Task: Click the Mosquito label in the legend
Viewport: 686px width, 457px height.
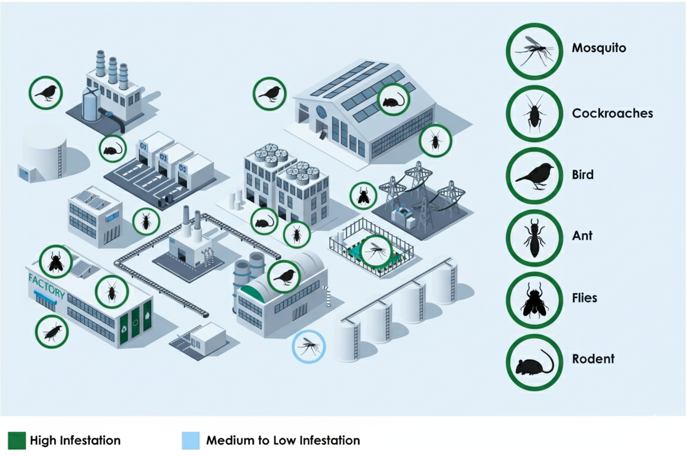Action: click(599, 48)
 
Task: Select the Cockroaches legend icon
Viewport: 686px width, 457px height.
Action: click(533, 113)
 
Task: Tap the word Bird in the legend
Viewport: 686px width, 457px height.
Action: click(583, 175)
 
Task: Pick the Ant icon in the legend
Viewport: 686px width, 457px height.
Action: click(533, 237)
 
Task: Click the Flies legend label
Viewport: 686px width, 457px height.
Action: click(584, 298)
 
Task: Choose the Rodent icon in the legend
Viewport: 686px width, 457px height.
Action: click(533, 361)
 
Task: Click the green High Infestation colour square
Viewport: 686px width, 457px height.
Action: click(16, 441)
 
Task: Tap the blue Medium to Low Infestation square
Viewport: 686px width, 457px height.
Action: click(190, 441)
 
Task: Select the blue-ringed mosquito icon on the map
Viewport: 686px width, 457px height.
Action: click(308, 347)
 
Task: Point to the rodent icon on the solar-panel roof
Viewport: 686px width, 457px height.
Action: click(394, 99)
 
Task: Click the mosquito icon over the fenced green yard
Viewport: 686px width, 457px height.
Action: click(377, 251)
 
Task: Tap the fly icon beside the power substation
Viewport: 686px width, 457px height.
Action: click(363, 196)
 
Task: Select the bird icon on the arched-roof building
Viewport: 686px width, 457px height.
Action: click(284, 276)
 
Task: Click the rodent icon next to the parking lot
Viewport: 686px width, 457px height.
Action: click(113, 148)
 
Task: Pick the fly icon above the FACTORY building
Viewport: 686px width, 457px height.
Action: click(56, 260)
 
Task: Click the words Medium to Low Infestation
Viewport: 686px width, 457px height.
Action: click(283, 441)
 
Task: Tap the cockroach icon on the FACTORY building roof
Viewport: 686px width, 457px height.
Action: click(112, 292)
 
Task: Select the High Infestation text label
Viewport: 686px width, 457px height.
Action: click(75, 441)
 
